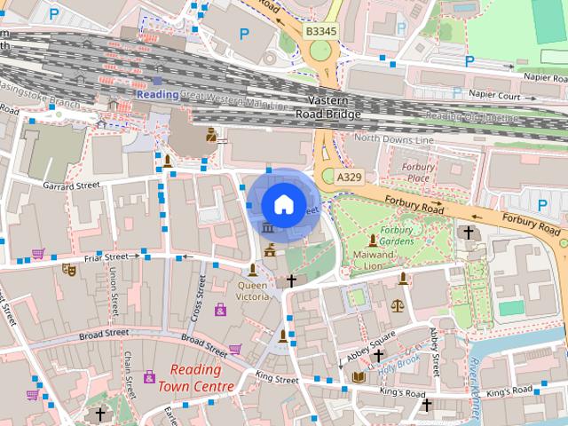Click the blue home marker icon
click(282, 204)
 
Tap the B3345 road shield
click(321, 31)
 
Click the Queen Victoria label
click(251, 291)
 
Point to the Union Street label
click(114, 294)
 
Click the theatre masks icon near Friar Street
click(68, 268)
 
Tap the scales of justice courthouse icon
click(396, 304)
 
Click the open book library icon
click(359, 378)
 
